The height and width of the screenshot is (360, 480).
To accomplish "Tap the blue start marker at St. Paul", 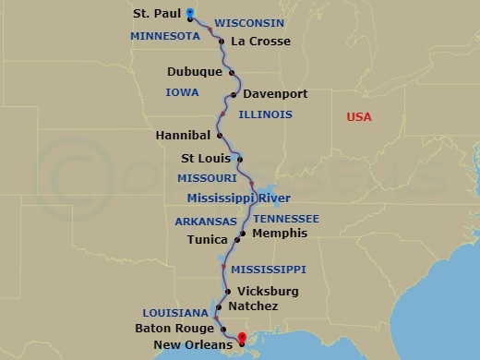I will [x=189, y=13].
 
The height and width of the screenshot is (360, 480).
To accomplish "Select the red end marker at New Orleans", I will [x=243, y=338].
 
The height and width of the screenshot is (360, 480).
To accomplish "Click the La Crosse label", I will [x=261, y=41].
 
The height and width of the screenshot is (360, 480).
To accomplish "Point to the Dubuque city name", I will [x=195, y=71].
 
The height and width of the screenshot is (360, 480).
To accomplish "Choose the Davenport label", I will [x=275, y=94].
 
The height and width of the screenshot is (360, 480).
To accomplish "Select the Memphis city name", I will [x=279, y=234].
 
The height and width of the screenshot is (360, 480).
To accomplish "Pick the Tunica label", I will [x=206, y=239].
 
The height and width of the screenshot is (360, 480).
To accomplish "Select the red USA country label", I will [x=359, y=117].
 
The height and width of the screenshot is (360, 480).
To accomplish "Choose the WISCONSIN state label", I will [x=249, y=22].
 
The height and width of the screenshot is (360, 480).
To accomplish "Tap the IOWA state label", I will [x=182, y=92].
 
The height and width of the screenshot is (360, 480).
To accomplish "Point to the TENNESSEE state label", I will [x=286, y=218].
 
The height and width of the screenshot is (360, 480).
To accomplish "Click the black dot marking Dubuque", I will [x=232, y=72].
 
